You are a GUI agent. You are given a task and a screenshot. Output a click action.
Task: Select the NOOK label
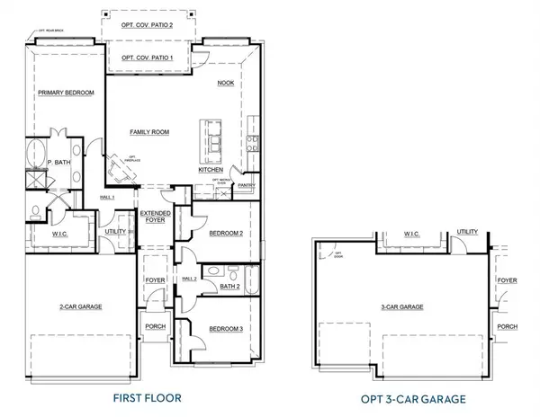coord(225,83)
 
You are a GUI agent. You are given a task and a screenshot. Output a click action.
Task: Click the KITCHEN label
coord(211,169)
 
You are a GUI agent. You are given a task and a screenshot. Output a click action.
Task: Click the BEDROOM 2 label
coord(227,233)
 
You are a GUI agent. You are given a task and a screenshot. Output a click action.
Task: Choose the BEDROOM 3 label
coord(227,329)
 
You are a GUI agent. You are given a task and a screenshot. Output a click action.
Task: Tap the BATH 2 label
coord(229,287)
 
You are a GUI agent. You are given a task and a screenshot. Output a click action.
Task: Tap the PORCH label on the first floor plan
coord(155,325)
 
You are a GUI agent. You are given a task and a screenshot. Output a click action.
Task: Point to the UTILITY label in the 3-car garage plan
coord(467,231)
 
